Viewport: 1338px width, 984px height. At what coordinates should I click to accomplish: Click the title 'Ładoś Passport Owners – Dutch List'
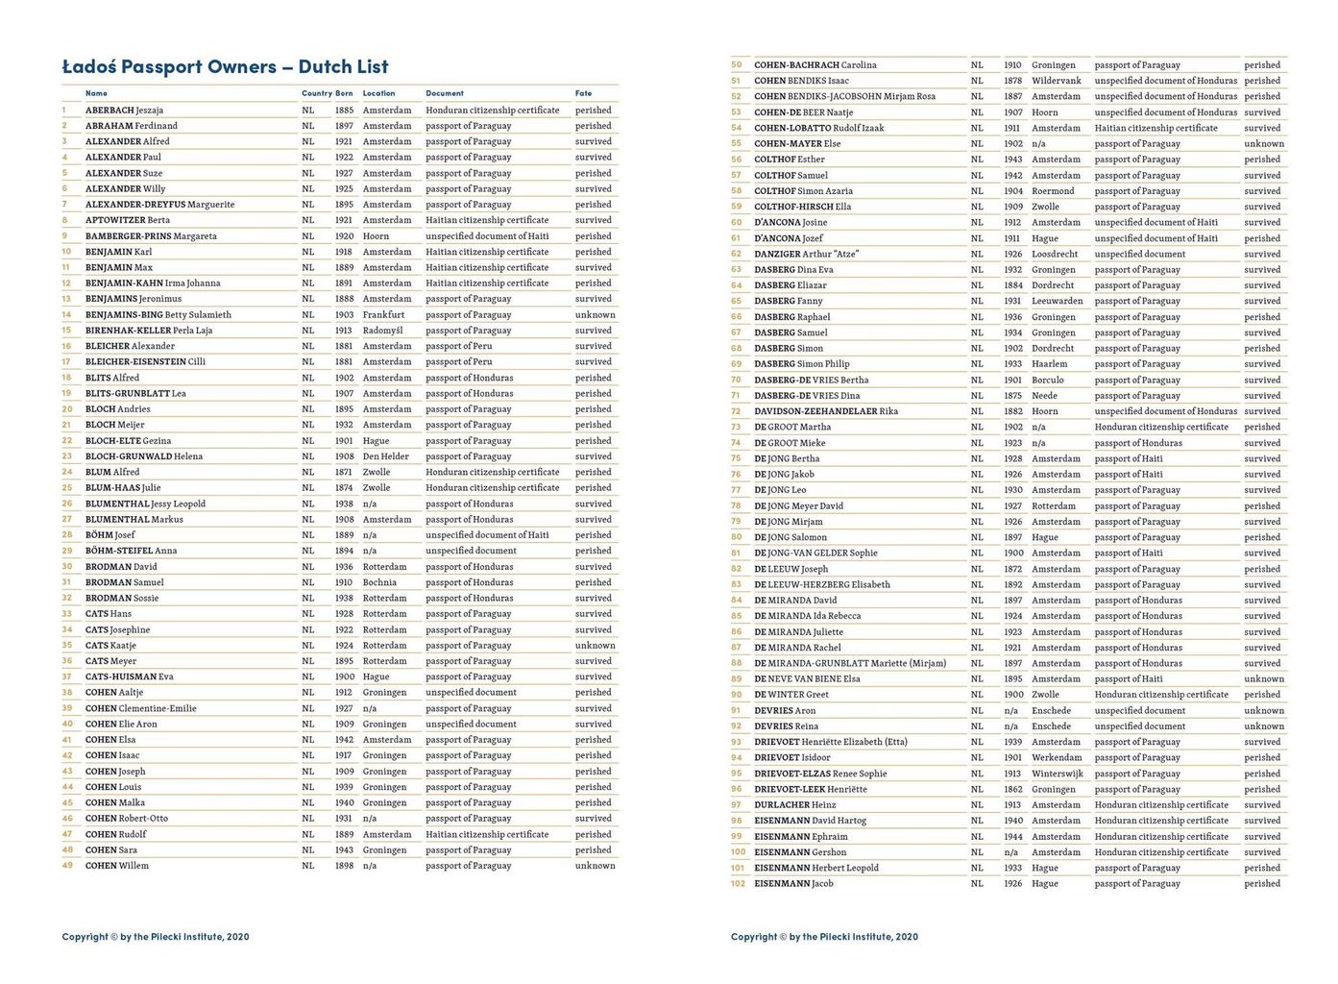click(225, 67)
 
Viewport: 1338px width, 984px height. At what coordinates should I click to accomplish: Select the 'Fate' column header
click(583, 93)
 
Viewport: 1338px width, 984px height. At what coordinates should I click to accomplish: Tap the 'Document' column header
click(445, 93)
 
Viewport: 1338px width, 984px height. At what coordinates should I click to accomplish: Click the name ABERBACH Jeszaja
click(124, 111)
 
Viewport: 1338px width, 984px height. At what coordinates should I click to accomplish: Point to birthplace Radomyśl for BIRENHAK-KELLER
click(382, 331)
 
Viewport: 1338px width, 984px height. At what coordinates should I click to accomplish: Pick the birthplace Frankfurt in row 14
click(383, 315)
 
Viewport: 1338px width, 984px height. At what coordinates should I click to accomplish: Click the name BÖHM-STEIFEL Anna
click(131, 551)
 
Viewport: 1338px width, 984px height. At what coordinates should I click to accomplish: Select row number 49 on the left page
click(67, 866)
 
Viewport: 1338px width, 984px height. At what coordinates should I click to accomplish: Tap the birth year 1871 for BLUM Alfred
click(344, 472)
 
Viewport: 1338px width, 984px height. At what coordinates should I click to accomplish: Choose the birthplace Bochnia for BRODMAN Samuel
click(379, 582)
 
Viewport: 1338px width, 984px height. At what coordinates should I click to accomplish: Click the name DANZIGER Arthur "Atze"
click(806, 254)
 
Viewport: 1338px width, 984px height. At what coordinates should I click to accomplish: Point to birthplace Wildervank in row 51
click(1057, 81)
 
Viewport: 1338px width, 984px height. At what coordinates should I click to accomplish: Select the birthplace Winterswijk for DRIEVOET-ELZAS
click(1058, 774)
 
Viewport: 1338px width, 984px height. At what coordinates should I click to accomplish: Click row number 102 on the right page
click(738, 883)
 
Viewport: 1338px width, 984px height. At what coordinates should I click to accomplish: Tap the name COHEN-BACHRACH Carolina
click(815, 65)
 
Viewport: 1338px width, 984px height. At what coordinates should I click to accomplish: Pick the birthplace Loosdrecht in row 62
click(1055, 254)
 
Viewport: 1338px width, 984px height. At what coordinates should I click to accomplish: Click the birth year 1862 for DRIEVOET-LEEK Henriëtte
click(1012, 789)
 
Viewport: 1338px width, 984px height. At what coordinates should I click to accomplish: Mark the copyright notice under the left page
click(156, 937)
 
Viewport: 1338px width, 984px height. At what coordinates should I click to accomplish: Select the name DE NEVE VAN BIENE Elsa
click(807, 678)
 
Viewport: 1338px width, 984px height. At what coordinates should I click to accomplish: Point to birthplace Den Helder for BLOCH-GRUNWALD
click(385, 456)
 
